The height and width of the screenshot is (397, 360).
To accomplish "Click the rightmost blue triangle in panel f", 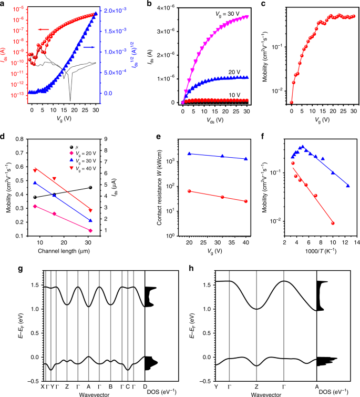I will (348, 186).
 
